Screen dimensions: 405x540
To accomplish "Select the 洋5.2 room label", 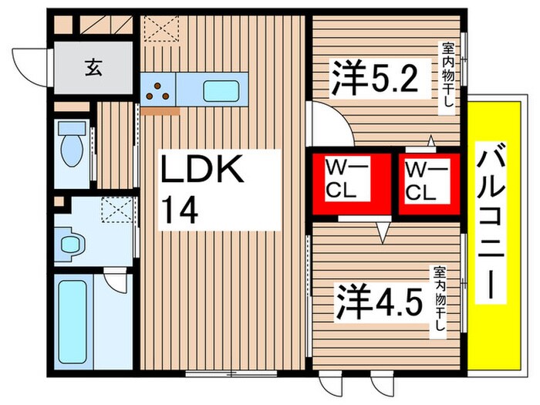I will click(x=376, y=79).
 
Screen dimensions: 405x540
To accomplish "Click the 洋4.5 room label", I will click(x=379, y=302).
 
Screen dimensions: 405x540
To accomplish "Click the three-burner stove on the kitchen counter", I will click(x=159, y=90).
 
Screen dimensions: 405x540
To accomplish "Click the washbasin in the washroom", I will click(x=71, y=245).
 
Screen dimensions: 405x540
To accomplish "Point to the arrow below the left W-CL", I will click(x=380, y=229).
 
